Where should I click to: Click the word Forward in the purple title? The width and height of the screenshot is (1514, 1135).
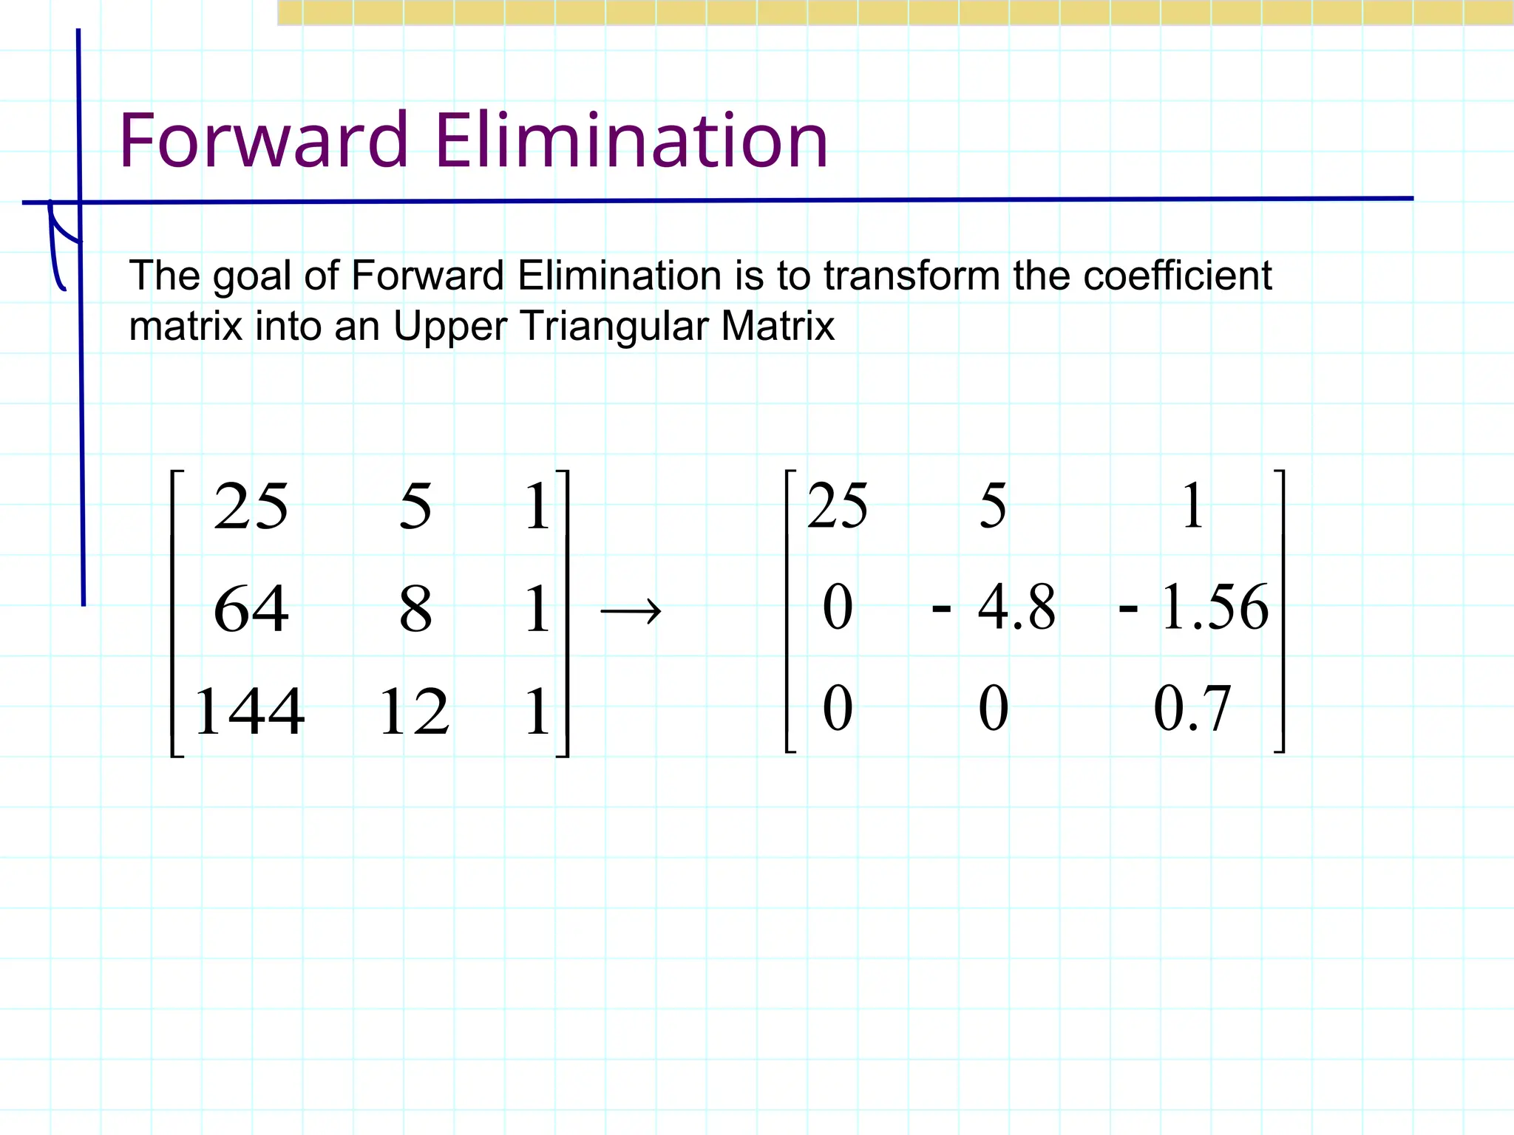(x=263, y=140)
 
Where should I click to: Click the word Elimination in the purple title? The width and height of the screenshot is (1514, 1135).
(x=631, y=140)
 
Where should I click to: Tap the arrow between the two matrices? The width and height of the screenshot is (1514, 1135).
(x=631, y=612)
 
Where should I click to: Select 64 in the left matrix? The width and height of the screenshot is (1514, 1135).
(x=251, y=610)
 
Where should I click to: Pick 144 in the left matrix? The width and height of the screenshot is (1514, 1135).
(x=249, y=712)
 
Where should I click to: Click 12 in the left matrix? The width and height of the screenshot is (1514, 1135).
(x=414, y=712)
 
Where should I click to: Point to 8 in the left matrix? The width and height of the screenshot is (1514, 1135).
(x=415, y=610)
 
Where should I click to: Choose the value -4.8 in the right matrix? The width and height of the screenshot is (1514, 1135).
(x=995, y=607)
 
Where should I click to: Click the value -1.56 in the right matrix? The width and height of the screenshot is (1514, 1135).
(x=1194, y=607)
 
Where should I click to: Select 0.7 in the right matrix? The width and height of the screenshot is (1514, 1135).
(x=1192, y=709)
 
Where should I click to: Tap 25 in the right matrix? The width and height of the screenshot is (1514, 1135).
(x=838, y=507)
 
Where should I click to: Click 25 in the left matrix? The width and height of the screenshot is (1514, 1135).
(x=251, y=507)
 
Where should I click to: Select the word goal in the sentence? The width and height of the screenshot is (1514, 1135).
(x=253, y=277)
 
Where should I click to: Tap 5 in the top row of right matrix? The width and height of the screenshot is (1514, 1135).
(x=993, y=507)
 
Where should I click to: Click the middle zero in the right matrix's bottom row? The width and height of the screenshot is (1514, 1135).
(x=994, y=709)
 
